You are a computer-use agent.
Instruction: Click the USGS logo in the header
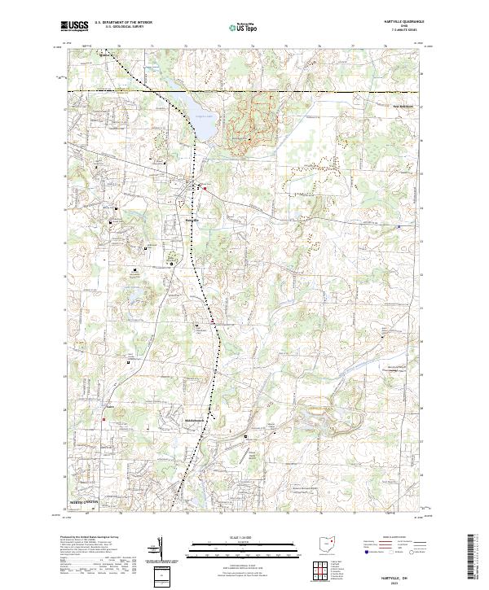click(75, 26)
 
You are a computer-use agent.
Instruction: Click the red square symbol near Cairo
click(104, 419)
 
